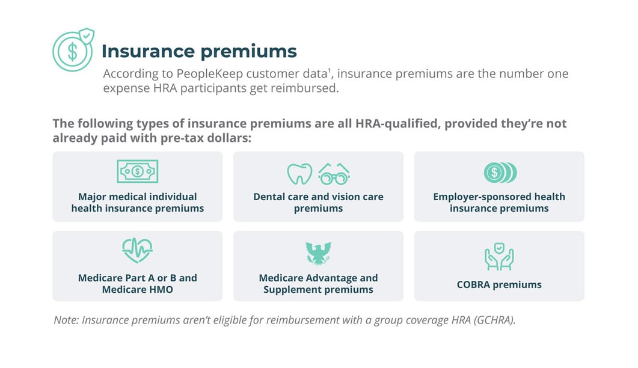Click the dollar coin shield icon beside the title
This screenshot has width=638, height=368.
coord(73,50)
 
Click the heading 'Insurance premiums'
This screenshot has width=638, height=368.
coord(199,52)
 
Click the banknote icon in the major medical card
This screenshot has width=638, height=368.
coord(137,171)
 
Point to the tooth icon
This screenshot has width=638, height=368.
coord(299,174)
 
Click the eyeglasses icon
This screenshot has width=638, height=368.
coord(334,174)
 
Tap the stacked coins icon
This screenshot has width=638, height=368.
coord(500,173)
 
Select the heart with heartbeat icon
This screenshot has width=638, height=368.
coord(137,250)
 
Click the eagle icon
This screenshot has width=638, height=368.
coord(318,253)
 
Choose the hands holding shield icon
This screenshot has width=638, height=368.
coord(499,256)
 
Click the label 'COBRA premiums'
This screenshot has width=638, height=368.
coord(499,284)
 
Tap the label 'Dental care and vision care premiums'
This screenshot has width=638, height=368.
coord(318,203)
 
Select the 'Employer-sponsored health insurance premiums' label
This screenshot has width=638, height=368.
coord(499,203)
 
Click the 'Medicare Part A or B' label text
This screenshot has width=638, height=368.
coord(137,278)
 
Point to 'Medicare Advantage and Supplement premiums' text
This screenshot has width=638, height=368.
coord(318,284)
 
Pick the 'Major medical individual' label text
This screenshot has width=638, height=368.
coord(137,197)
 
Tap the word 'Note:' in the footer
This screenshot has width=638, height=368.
coord(66,320)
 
